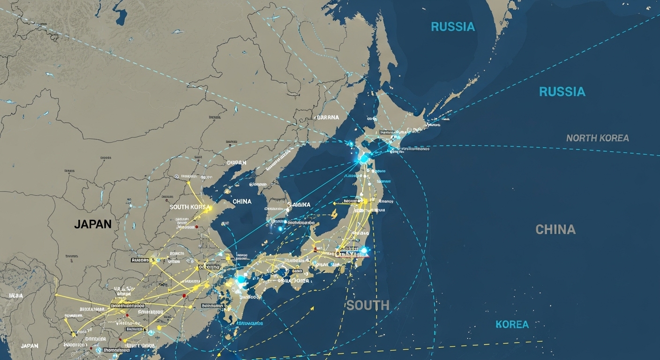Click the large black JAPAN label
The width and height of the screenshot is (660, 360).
pyautogui.click(x=93, y=224)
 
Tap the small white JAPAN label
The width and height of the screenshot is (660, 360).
pyautogui.click(x=29, y=346)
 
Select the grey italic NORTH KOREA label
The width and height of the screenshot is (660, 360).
pyautogui.click(x=597, y=138)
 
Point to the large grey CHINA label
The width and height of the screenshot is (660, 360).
pyautogui.click(x=555, y=230)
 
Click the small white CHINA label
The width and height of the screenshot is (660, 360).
pyautogui.click(x=242, y=202)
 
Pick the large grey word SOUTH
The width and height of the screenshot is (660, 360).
pyautogui.click(x=367, y=306)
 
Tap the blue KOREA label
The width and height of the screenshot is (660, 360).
pyautogui.click(x=512, y=324)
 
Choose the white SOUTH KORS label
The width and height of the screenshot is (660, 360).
pyautogui.click(x=187, y=207)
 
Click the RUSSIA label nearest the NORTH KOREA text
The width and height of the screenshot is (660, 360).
pyautogui.click(x=562, y=92)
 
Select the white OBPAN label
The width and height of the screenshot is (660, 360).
pyautogui.click(x=236, y=163)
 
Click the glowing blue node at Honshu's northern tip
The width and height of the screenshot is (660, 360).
pyautogui.click(x=363, y=159)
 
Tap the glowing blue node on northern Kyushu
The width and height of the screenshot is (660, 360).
pyautogui.click(x=241, y=280)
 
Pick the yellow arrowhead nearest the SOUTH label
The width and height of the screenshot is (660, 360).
pyautogui.click(x=312, y=308)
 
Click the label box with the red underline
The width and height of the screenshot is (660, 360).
pyautogui.click(x=352, y=253)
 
